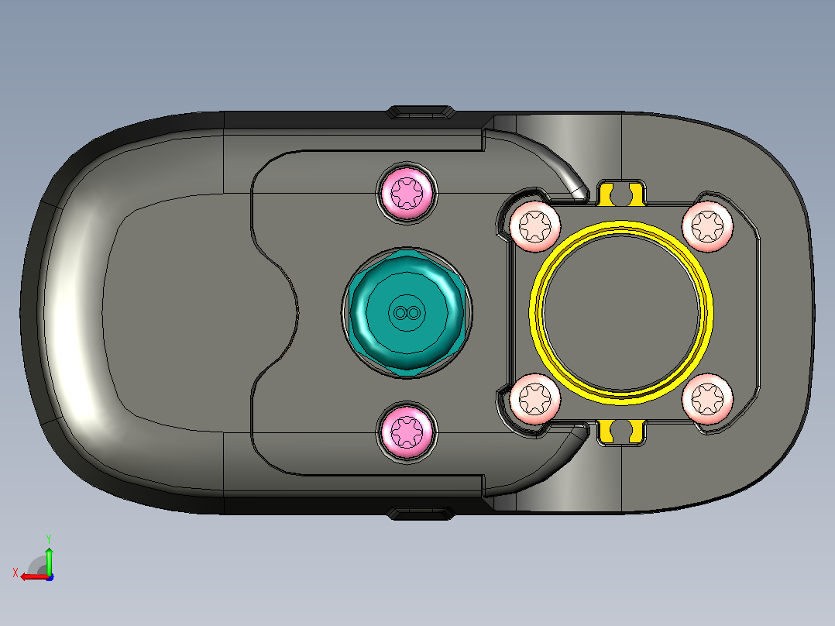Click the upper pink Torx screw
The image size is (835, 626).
(407, 192)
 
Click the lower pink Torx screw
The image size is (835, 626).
(407, 431)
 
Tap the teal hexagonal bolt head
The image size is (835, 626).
(407, 313)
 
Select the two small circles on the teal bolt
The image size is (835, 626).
(407, 313)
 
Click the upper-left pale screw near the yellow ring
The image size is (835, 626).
(534, 226)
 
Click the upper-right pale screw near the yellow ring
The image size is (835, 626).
(707, 226)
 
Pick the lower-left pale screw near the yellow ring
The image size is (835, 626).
(534, 398)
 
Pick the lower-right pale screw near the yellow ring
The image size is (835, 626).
(707, 399)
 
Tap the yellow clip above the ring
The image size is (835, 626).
(621, 194)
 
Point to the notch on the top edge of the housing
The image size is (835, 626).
(420, 112)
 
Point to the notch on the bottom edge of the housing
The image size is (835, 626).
(420, 513)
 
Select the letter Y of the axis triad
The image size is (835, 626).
(49, 538)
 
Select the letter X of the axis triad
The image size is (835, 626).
(15, 573)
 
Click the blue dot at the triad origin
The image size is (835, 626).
(50, 577)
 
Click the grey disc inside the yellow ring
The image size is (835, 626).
(621, 313)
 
